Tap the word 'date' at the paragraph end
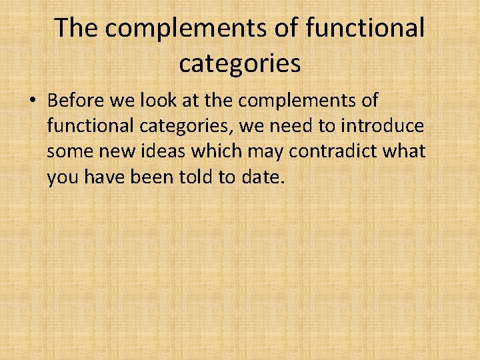tap(265, 177)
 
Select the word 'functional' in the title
tap(365, 28)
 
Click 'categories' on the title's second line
tap(239, 64)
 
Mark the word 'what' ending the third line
tap(403, 151)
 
